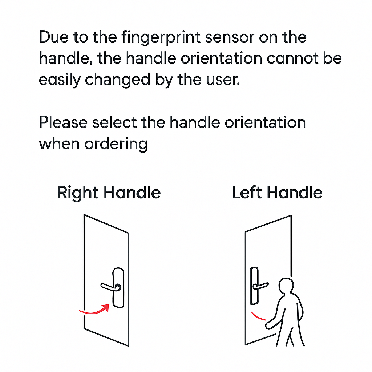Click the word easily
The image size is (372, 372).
pos(60,80)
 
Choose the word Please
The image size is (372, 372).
pos(63,123)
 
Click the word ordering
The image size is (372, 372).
pos(116,144)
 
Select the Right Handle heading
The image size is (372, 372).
pos(109,193)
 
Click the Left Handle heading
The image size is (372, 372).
pos(277,193)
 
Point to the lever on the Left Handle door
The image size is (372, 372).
pos(261,286)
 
